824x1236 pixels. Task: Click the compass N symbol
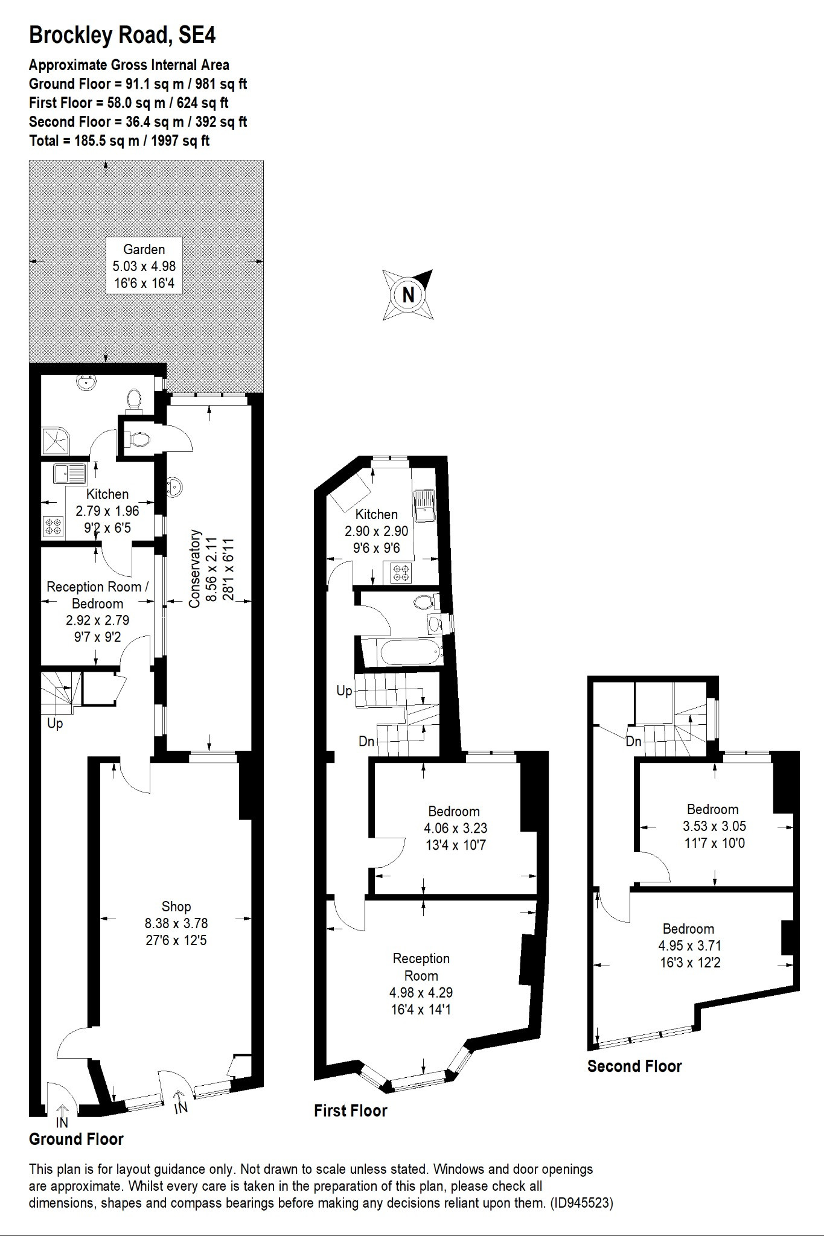pos(409,295)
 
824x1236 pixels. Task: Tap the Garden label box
pos(144,266)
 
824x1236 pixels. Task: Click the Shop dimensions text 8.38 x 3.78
pos(176,923)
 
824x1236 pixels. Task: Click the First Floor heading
pos(351,1110)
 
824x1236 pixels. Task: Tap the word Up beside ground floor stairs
pos(55,723)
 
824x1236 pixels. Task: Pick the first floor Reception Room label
pos(421,967)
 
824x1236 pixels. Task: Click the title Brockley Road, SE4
pos(123,36)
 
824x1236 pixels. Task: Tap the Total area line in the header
pos(120,141)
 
